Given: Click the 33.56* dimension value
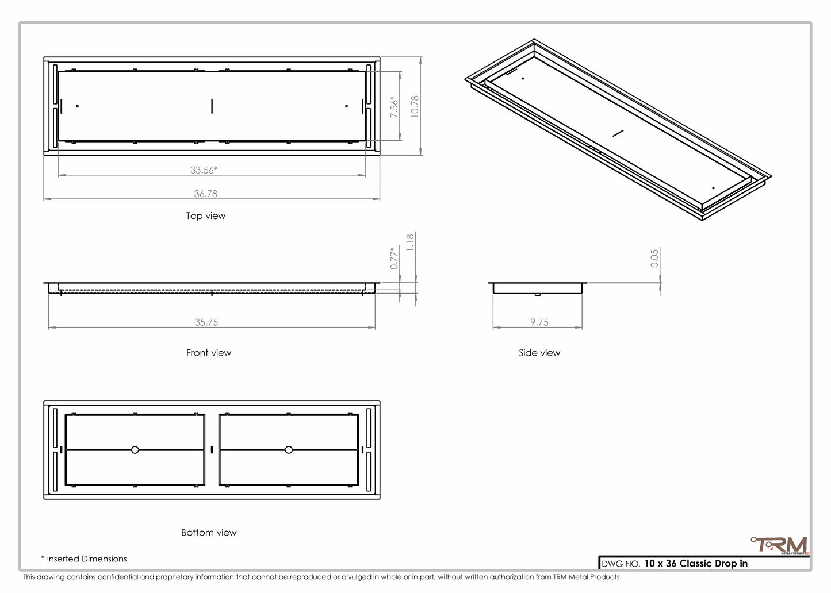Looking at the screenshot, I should click(x=204, y=170).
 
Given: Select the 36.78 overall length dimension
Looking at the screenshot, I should click(x=205, y=194).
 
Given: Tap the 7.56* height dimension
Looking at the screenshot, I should click(x=395, y=107).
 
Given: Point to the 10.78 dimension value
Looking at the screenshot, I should click(x=415, y=107).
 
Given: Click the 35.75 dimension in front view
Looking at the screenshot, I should click(x=206, y=322).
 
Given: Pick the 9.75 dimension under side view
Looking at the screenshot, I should click(x=539, y=322).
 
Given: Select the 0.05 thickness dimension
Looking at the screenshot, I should click(x=654, y=258).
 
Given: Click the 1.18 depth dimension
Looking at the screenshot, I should click(x=410, y=242).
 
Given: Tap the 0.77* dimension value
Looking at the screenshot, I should click(x=395, y=258).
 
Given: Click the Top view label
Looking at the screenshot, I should click(x=205, y=216).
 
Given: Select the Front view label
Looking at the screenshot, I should click(x=208, y=353).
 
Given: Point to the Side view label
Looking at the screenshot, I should click(x=539, y=353).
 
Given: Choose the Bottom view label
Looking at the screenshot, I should click(x=209, y=533).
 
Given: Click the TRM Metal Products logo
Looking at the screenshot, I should click(x=780, y=545).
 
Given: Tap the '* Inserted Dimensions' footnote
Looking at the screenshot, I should click(x=84, y=559).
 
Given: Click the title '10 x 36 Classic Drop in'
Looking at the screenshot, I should click(x=695, y=563).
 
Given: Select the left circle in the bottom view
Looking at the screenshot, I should click(x=135, y=450).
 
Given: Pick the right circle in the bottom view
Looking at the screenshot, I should click(x=289, y=450).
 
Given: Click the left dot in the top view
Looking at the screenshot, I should click(x=77, y=106).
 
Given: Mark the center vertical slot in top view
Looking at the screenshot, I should click(x=212, y=106).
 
